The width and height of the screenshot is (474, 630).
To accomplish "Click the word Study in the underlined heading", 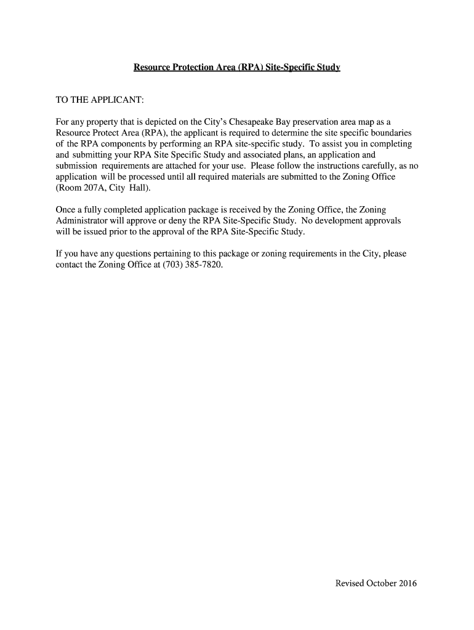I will [327, 66].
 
